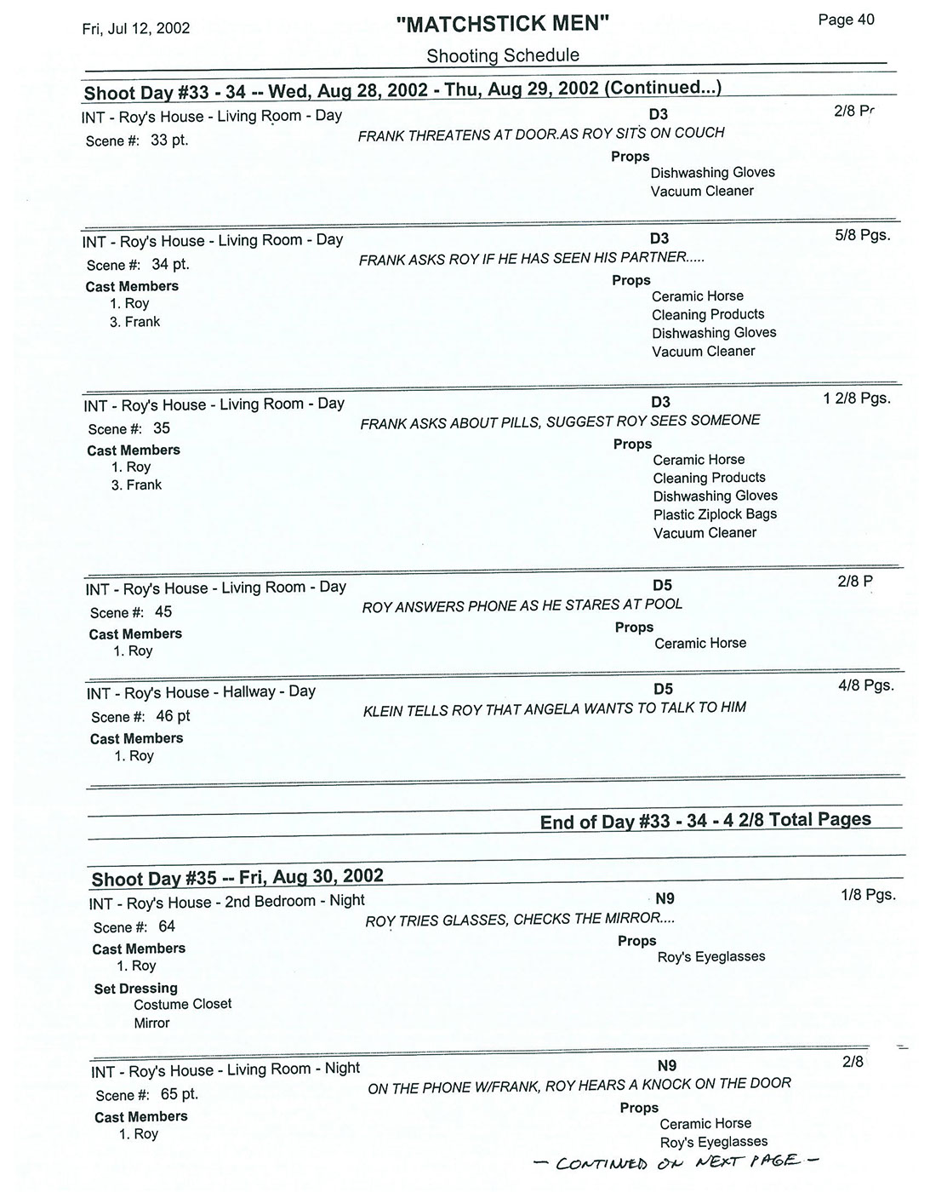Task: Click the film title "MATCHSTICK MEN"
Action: click(503, 24)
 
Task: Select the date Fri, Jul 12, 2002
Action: click(136, 28)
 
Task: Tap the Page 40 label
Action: click(846, 20)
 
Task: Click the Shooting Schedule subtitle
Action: click(503, 55)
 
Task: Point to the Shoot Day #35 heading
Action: click(237, 877)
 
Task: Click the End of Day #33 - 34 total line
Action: click(705, 820)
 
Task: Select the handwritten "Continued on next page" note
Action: click(675, 1161)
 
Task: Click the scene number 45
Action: click(163, 611)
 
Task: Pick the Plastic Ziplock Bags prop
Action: click(715, 514)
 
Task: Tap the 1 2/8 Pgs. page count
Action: click(857, 398)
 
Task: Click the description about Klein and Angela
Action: click(555, 708)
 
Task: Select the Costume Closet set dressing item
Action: click(182, 1004)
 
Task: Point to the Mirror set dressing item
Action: click(151, 1023)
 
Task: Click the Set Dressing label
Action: click(135, 988)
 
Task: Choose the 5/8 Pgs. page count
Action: click(863, 234)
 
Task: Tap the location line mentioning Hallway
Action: click(201, 692)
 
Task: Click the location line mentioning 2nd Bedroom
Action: click(227, 901)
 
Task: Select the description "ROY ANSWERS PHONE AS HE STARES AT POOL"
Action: click(522, 605)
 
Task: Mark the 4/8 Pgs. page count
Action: click(866, 685)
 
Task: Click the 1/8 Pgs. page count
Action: click(868, 895)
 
